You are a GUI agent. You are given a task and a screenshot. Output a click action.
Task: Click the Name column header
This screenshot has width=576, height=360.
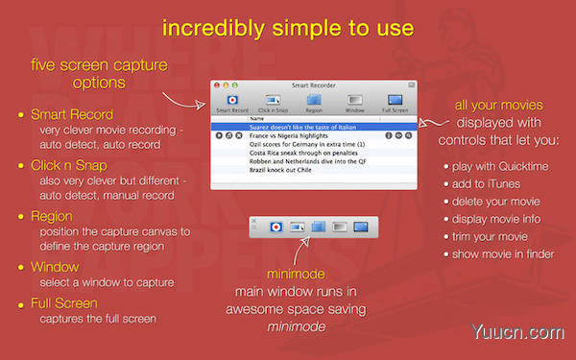[255, 118]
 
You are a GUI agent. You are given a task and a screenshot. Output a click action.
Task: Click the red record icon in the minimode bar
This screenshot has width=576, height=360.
[274, 228]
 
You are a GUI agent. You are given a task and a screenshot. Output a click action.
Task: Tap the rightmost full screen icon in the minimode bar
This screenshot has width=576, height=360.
[361, 228]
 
